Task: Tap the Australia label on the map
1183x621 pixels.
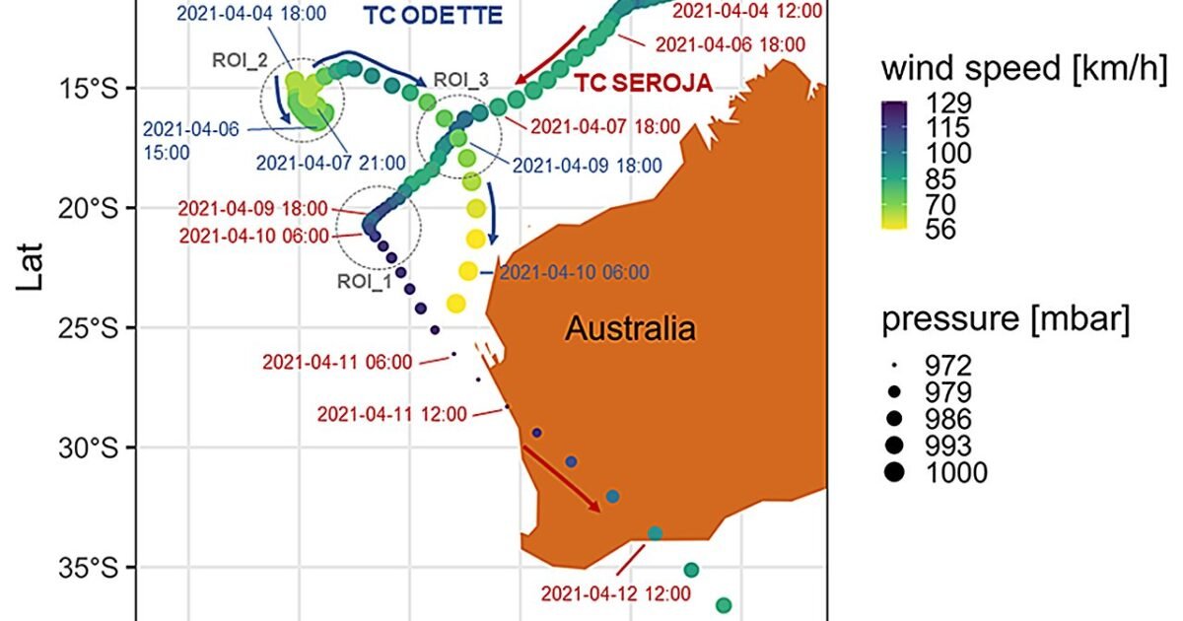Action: (630, 328)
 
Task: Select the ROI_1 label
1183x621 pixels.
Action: (364, 281)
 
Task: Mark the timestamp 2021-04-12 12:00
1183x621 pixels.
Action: (615, 594)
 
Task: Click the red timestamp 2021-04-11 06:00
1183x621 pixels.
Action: (336, 362)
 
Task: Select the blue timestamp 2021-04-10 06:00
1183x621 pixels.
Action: (574, 273)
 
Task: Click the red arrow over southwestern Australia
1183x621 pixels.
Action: (561, 478)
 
